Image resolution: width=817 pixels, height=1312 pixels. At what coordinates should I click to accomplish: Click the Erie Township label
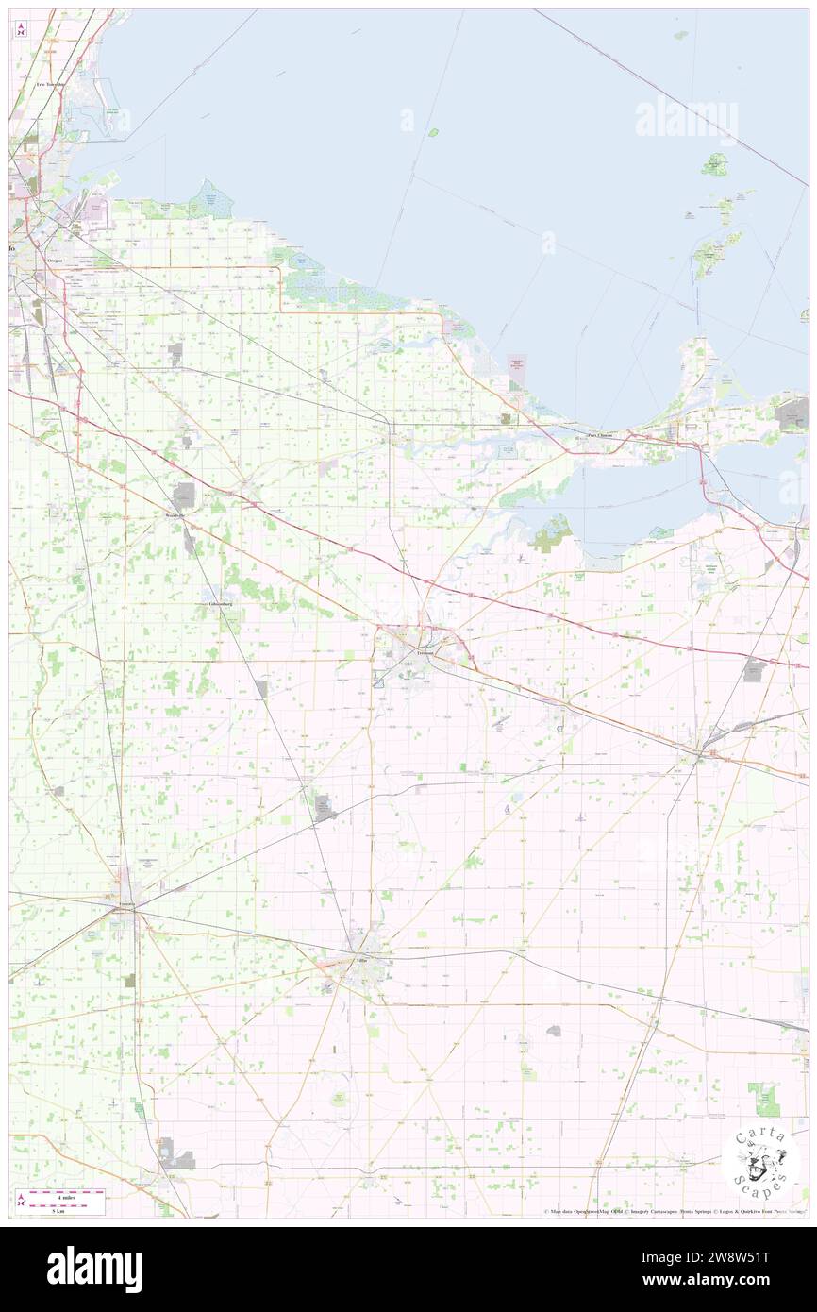(51, 84)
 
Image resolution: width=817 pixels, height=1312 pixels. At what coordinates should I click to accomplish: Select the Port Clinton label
(600, 435)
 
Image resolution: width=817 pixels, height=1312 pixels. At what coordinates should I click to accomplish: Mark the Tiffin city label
(360, 959)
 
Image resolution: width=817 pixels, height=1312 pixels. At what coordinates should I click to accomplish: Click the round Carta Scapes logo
(760, 1164)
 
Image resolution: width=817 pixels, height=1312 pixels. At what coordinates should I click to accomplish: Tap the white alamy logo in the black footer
(94, 1269)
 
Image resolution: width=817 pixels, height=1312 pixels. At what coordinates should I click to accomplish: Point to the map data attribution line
(675, 1212)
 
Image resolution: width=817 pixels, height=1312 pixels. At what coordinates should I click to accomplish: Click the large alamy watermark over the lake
(686, 120)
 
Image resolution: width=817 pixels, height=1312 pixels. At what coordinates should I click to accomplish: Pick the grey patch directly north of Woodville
(185, 493)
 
